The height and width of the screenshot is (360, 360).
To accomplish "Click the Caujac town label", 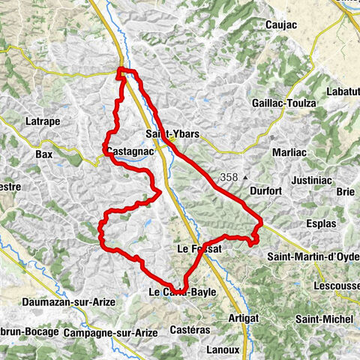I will coord(282,25).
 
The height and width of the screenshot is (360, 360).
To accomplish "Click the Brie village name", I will coord(346,191).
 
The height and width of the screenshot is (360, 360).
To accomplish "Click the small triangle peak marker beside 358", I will coord(245,178).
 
